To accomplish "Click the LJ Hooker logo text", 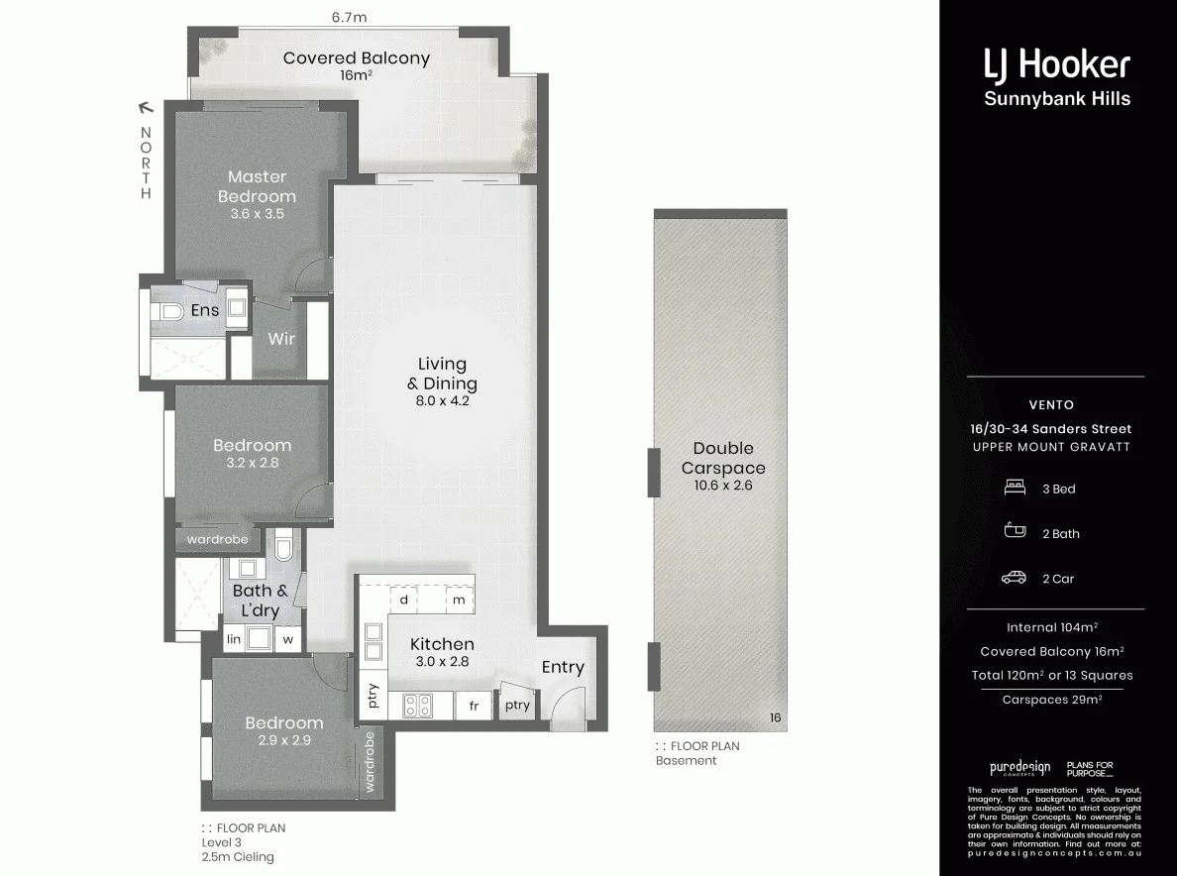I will tap(1056, 65).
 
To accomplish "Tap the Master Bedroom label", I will tap(257, 186).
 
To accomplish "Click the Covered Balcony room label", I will tap(356, 58).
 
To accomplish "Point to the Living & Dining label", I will tap(442, 374).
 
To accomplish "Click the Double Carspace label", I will tap(722, 458).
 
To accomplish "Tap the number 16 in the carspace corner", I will tap(776, 718).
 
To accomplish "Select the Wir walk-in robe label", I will tap(281, 339).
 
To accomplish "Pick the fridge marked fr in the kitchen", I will tap(474, 706).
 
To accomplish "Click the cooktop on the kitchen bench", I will tap(416, 706).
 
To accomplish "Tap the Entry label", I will tap(562, 668).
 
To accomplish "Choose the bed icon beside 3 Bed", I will tap(1014, 489).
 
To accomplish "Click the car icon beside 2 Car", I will tap(1014, 579).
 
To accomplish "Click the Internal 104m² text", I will tap(1051, 627).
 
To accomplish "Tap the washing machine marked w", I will tap(288, 640).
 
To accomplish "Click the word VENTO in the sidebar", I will tap(1051, 405).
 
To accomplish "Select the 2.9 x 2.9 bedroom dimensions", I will tap(284, 739).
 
